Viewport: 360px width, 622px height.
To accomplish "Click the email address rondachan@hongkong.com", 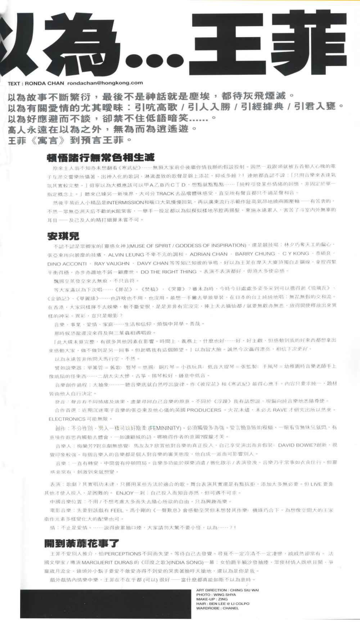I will pyautogui.click(x=105, y=83).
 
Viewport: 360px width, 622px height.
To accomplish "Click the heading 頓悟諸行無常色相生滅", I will pyautogui.click(x=101, y=157).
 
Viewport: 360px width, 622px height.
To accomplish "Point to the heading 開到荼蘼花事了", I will pyautogui.click(x=82, y=543).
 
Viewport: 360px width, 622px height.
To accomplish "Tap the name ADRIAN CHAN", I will pyautogui.click(x=208, y=254).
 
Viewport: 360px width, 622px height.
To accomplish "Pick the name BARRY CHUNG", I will pyautogui.click(x=255, y=254).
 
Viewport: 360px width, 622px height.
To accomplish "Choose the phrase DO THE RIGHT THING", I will pyautogui.click(x=168, y=272).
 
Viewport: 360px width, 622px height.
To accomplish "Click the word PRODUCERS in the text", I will pyautogui.click(x=204, y=410).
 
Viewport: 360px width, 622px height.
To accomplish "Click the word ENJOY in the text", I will pyautogui.click(x=125, y=493).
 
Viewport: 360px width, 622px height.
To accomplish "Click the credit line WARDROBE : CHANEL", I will pyautogui.click(x=217, y=608).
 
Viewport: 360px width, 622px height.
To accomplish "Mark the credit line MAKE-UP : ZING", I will pyautogui.click(x=212, y=599).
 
